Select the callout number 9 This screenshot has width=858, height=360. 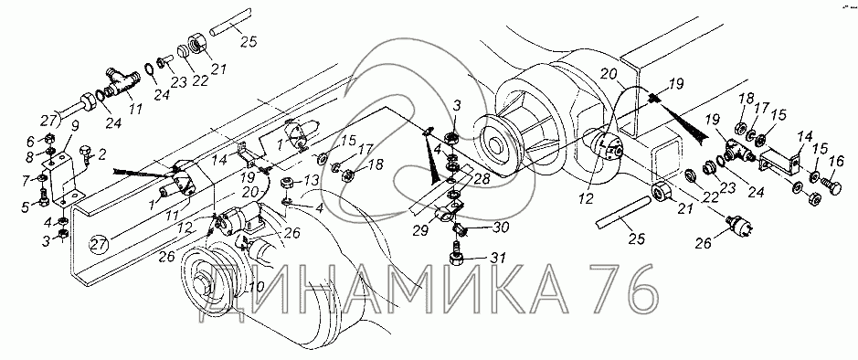[x=74, y=126]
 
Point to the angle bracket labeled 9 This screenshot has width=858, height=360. [x=62, y=175]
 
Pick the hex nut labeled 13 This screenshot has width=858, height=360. [x=286, y=183]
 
